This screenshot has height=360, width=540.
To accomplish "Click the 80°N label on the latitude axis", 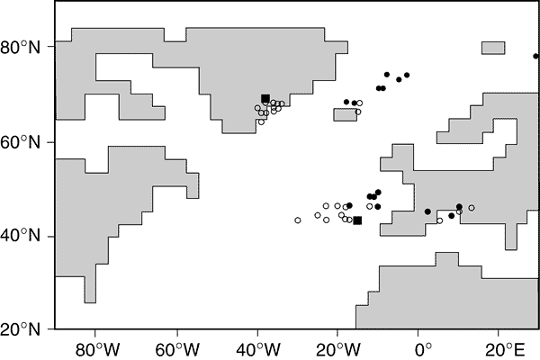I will click(26, 48).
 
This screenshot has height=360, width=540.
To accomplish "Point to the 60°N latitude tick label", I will click(26, 142).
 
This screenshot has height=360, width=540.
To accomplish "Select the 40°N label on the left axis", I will click(26, 236).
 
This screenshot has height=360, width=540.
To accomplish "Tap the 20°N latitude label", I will click(26, 329).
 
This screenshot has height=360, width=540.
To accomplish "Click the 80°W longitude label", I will click(94, 346).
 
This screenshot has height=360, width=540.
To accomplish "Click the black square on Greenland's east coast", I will click(265, 99).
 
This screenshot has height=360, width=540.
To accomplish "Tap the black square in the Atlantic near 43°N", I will click(357, 220).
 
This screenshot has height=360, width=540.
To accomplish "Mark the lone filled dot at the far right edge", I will click(535, 56).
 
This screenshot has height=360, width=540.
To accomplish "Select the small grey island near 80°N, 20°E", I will click(494, 47).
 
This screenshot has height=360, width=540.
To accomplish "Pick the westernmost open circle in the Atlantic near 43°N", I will click(298, 220).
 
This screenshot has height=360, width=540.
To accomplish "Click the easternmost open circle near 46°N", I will click(472, 208).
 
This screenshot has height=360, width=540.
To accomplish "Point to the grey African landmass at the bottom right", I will click(450, 297).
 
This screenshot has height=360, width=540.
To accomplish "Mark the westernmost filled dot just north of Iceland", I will click(346, 102).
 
